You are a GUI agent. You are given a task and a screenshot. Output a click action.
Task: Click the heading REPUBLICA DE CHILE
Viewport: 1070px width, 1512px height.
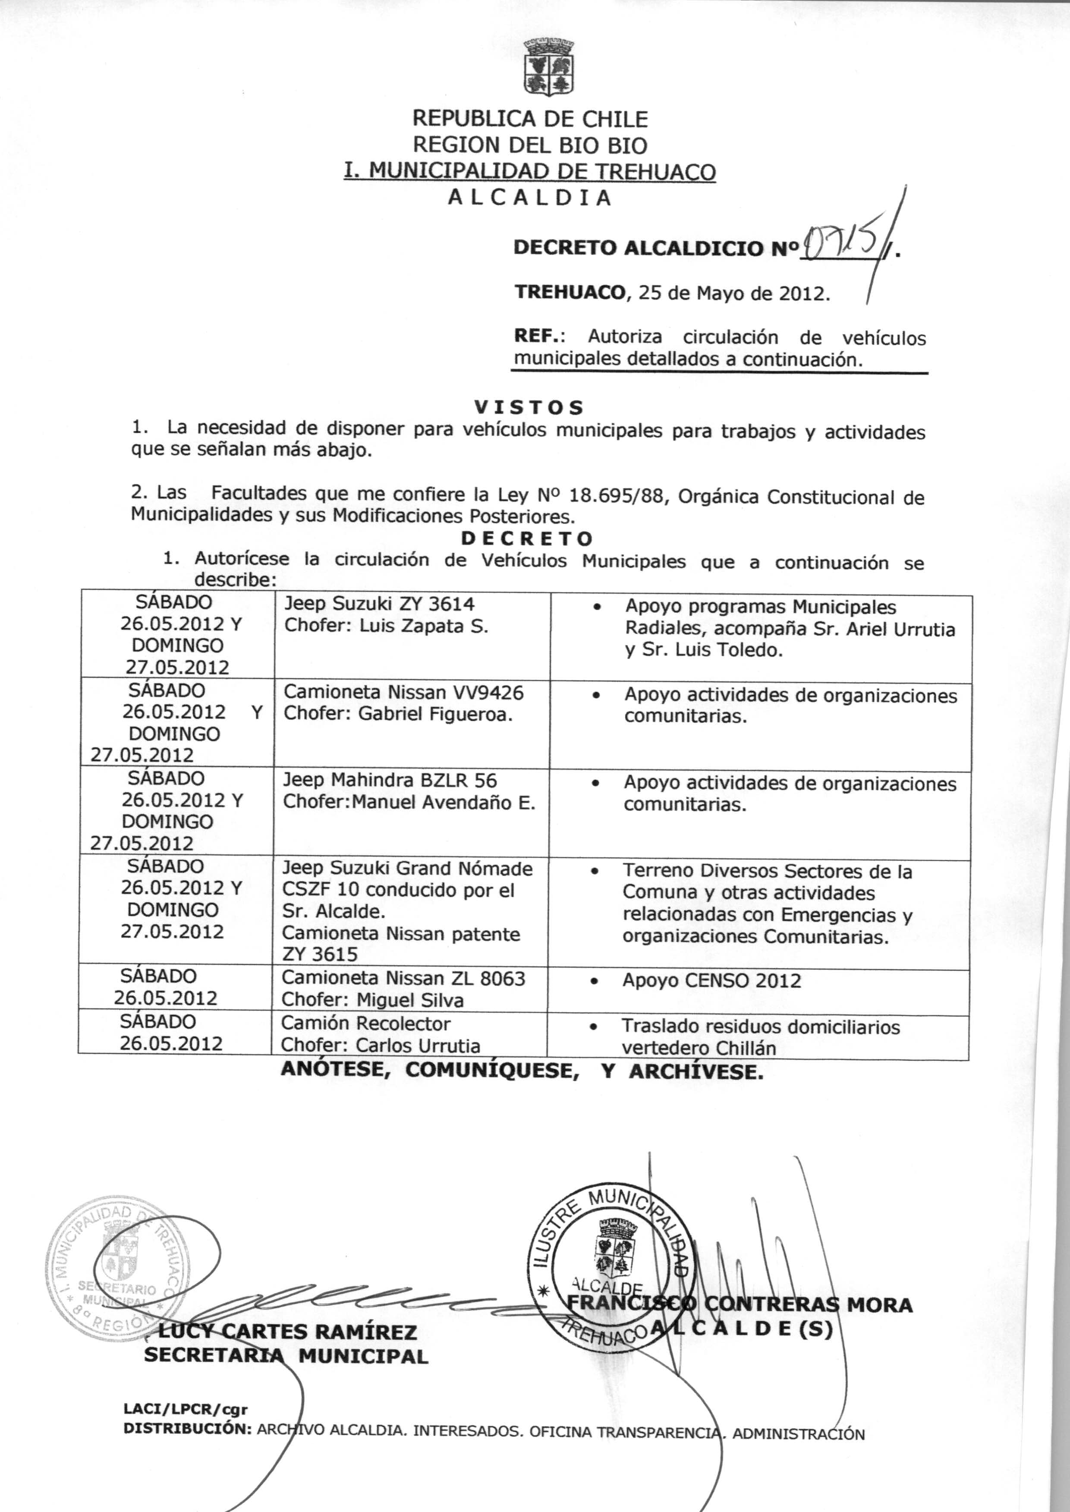click(530, 119)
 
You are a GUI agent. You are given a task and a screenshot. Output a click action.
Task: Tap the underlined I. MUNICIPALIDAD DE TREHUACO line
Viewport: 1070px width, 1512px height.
click(530, 171)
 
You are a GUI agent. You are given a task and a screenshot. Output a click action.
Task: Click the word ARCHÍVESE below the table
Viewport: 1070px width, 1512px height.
click(696, 1072)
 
